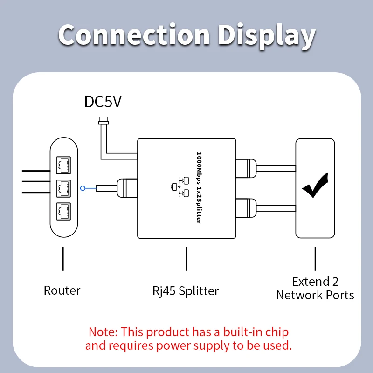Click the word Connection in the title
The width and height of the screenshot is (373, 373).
134,35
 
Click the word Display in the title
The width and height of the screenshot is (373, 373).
267,36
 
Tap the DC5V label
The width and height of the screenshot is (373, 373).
103,102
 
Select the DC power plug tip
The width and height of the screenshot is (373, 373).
104,121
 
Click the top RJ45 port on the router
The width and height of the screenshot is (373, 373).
63,165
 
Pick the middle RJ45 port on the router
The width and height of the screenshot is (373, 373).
63,188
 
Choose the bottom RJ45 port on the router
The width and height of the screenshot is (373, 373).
63,211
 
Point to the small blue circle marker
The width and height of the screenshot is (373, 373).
83,188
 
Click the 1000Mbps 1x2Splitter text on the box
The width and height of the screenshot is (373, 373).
199,188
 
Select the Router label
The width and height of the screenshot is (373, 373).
62,290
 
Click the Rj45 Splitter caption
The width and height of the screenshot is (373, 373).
186,291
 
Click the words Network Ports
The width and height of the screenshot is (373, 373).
315,295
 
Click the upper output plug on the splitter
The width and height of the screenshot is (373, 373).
246,168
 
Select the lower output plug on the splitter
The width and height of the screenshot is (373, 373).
246,208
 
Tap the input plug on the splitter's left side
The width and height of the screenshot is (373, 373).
127,188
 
